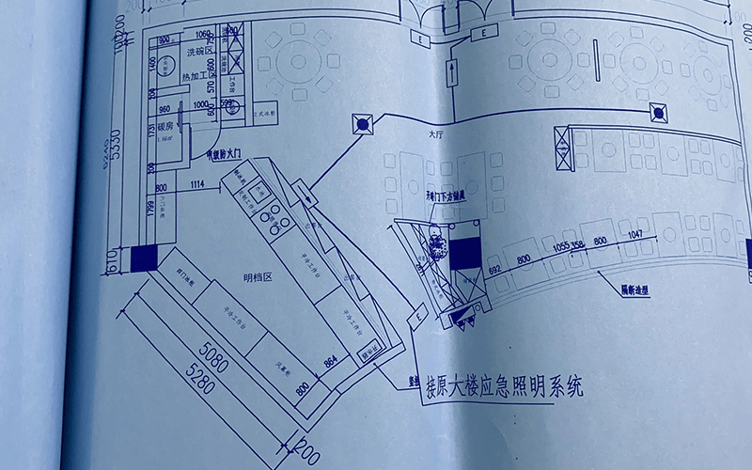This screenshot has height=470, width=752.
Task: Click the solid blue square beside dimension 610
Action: [145, 257]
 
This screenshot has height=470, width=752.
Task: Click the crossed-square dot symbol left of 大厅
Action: [362, 123]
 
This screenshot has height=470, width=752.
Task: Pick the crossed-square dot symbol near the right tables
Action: [660, 115]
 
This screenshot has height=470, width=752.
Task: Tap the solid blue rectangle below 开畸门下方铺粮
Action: [464, 253]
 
